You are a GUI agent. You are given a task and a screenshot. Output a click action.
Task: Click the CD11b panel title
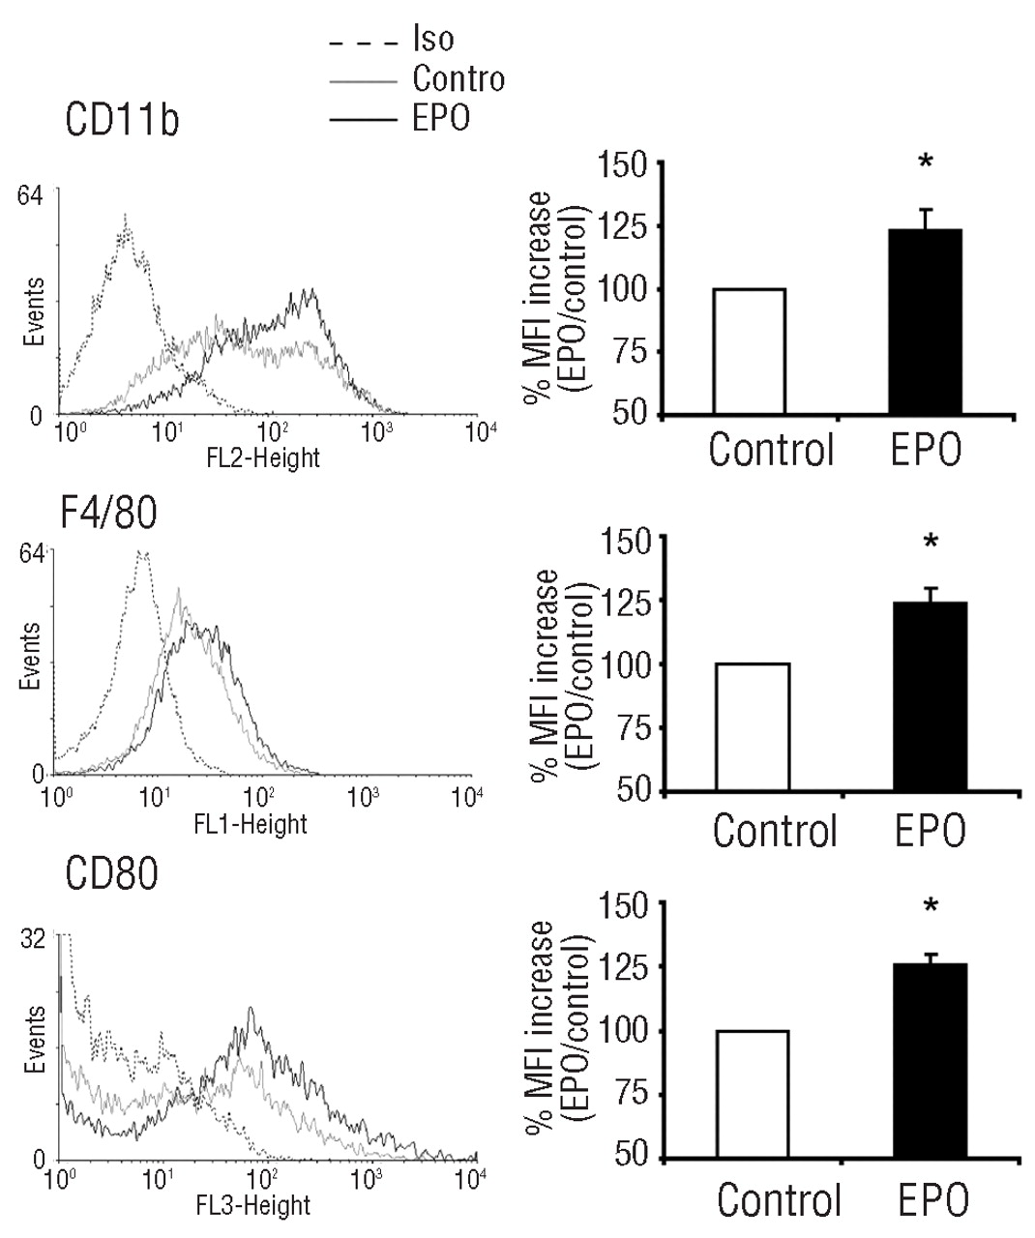(x=122, y=122)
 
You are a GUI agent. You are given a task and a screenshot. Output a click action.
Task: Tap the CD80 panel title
(x=110, y=874)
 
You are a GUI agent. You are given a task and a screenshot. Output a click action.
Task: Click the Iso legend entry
(x=432, y=40)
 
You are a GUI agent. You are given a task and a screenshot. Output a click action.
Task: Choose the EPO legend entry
(x=440, y=118)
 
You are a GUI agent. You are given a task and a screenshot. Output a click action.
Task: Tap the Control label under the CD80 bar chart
(x=780, y=1200)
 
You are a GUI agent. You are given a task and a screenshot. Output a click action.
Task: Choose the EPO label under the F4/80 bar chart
(x=926, y=831)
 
